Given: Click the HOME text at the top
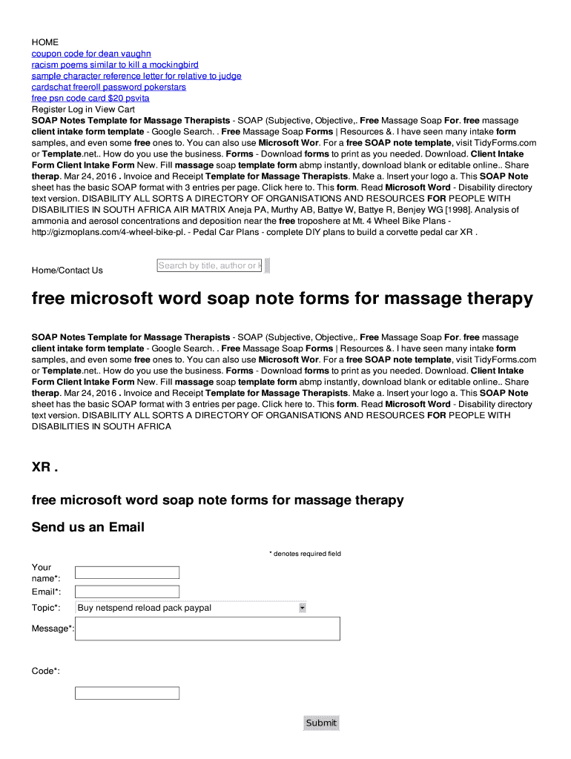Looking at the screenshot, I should coord(44,42).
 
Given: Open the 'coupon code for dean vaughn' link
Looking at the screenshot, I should coord(91,53).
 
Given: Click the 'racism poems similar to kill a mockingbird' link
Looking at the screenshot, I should coord(115,64).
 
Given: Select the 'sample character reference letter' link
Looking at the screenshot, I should coord(136,76).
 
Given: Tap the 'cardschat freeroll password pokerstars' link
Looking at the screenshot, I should coord(108,87).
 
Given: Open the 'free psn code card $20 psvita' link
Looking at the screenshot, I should coord(90,98).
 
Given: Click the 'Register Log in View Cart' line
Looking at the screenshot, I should coord(83,109).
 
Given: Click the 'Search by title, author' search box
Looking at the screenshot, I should coord(208,265).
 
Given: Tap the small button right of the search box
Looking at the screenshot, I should coord(268,265).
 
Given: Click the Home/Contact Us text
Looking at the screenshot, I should coord(67,271).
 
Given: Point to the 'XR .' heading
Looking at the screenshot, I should coord(44,468).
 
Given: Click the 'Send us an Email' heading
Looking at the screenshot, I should coord(88,528).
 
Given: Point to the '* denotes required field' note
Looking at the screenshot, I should coord(304,554).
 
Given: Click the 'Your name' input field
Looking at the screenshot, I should coord(128,572).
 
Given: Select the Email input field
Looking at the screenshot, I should coord(128,591).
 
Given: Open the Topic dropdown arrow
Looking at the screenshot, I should coord(302,608).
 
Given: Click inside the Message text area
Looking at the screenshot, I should coord(208,629).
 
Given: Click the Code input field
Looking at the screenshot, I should coord(128,693).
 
